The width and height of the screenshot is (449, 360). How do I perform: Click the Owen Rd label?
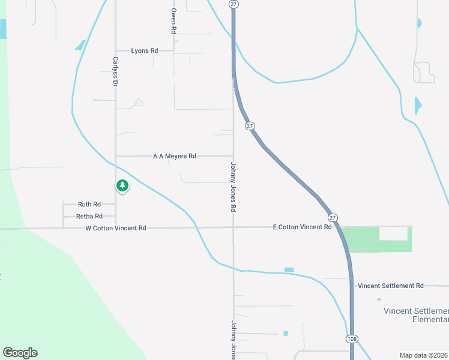point(173,20)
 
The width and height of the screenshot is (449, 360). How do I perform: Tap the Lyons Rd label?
point(145,51)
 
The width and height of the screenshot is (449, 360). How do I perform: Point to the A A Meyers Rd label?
point(175,156)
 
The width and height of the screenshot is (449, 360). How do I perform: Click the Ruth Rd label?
point(89,205)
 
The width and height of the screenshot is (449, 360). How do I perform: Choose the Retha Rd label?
point(89,216)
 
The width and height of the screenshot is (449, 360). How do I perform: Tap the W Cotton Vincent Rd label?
point(116,228)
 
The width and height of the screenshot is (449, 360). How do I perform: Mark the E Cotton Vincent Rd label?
point(302,227)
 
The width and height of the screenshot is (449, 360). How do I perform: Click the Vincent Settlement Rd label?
point(391,286)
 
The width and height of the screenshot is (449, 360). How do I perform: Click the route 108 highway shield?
point(352,339)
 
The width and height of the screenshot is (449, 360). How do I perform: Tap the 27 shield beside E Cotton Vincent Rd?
point(333,217)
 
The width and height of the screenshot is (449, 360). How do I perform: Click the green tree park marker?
point(122,186)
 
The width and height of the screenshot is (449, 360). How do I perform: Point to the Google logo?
point(20,353)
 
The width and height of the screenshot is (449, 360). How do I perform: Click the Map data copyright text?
point(424,355)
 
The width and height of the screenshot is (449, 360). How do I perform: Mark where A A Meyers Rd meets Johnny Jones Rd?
point(234,156)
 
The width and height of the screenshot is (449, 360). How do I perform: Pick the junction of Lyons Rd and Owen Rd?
point(173,51)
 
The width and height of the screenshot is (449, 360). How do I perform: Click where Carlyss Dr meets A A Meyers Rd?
point(115,156)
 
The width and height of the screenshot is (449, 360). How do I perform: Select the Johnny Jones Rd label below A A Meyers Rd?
point(233,186)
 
